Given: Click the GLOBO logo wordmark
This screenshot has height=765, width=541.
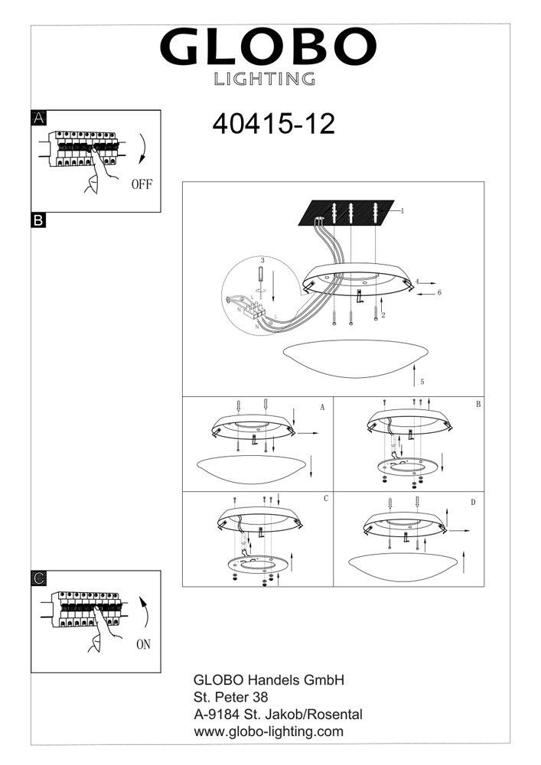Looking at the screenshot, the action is (x=268, y=47).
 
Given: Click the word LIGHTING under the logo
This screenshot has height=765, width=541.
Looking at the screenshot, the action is (x=265, y=79).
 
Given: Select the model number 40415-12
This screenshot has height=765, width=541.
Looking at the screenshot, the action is (x=274, y=124).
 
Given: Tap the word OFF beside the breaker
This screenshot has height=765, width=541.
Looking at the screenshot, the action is (x=142, y=184).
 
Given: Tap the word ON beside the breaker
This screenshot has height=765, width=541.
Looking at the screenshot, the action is (x=143, y=644).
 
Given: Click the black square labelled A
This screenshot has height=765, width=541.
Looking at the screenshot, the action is (x=38, y=118).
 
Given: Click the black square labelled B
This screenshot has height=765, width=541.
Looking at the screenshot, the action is (x=38, y=220).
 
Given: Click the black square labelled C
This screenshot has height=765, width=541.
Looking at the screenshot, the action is (x=38, y=578).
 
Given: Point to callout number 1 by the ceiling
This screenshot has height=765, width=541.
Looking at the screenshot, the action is (x=402, y=211).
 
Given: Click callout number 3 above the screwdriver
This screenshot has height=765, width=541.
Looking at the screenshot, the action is (x=262, y=261).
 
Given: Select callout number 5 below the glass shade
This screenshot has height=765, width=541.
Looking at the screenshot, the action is (x=422, y=382).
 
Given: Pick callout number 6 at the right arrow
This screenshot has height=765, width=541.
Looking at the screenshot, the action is (x=439, y=293).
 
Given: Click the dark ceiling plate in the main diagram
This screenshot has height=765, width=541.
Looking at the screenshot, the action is (x=347, y=213).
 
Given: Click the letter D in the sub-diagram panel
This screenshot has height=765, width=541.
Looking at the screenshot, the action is (x=473, y=503).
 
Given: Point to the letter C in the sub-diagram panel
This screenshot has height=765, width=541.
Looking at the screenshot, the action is (x=326, y=499).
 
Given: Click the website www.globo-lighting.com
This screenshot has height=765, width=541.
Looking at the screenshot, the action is (x=269, y=732).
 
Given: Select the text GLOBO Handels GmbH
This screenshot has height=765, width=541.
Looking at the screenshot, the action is (x=269, y=680).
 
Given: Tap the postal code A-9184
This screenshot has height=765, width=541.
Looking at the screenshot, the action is (x=217, y=715).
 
